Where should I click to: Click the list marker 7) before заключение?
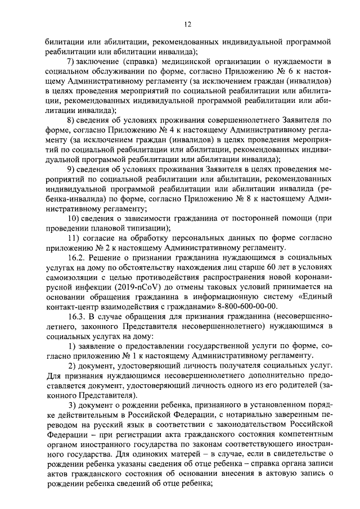(71, 61)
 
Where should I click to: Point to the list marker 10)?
(74, 218)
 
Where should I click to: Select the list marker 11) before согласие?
(73, 237)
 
